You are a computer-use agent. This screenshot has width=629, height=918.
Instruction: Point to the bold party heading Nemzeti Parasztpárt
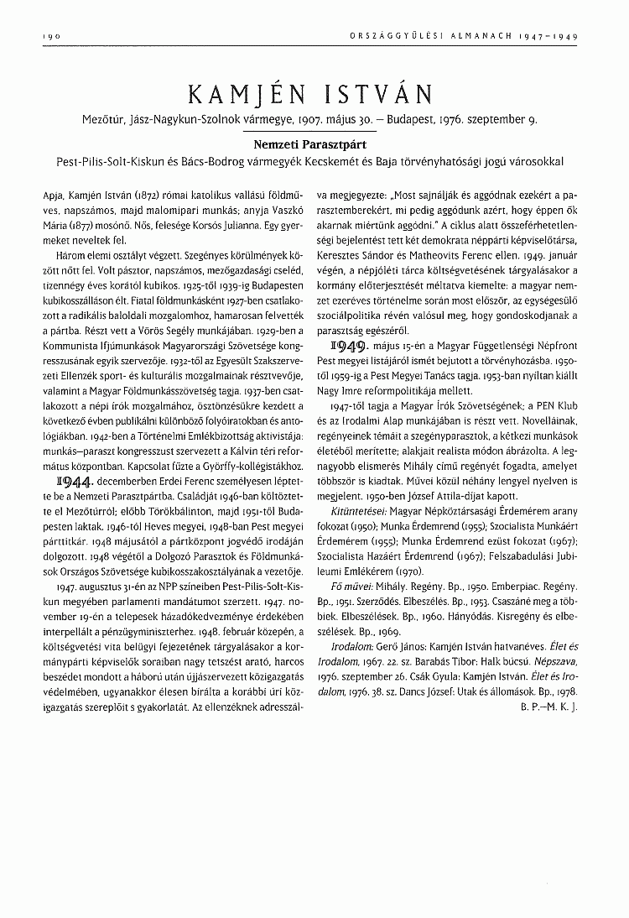coord(314,144)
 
